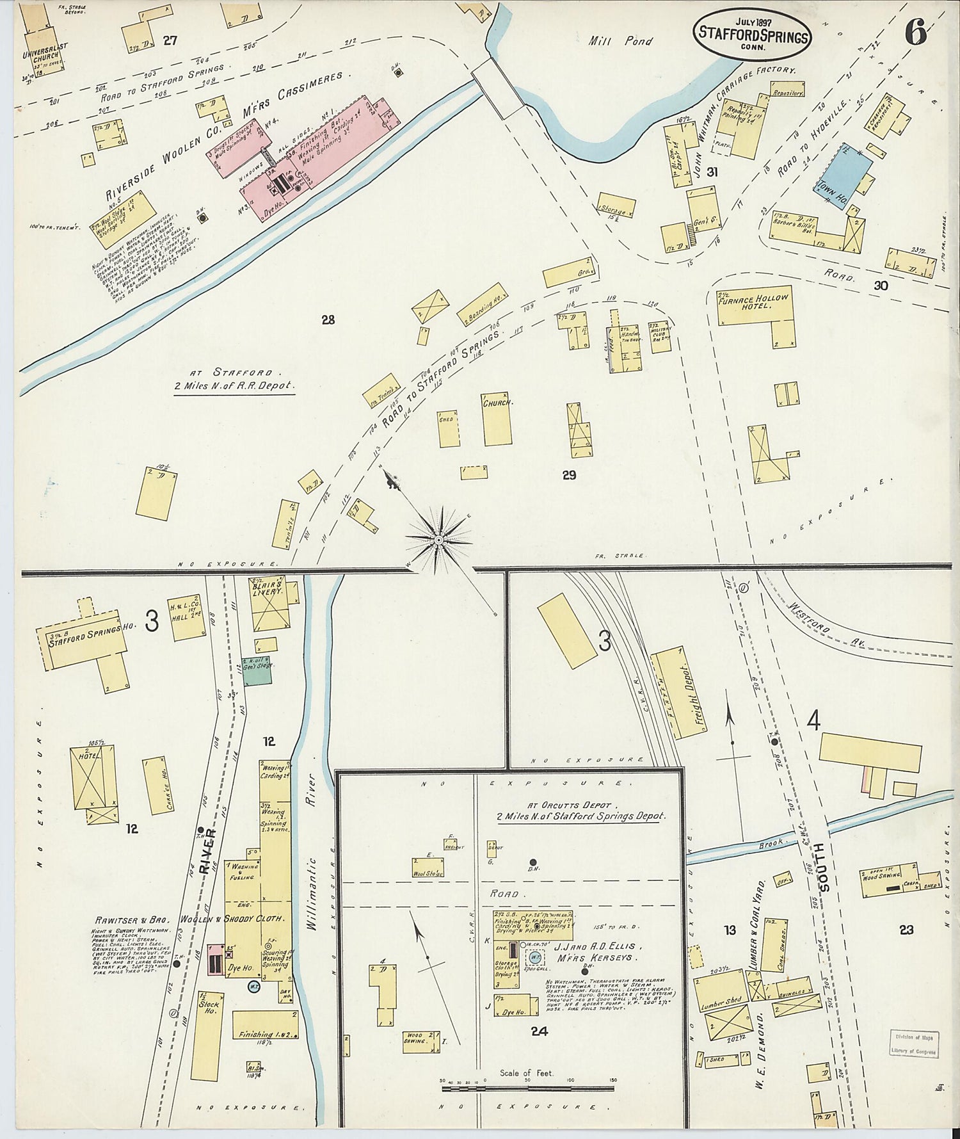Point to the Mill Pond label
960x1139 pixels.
[x=620, y=42]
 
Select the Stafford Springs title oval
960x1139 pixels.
[x=752, y=31]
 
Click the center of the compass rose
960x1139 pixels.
[x=439, y=540]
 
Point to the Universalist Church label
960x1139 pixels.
[x=40, y=51]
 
